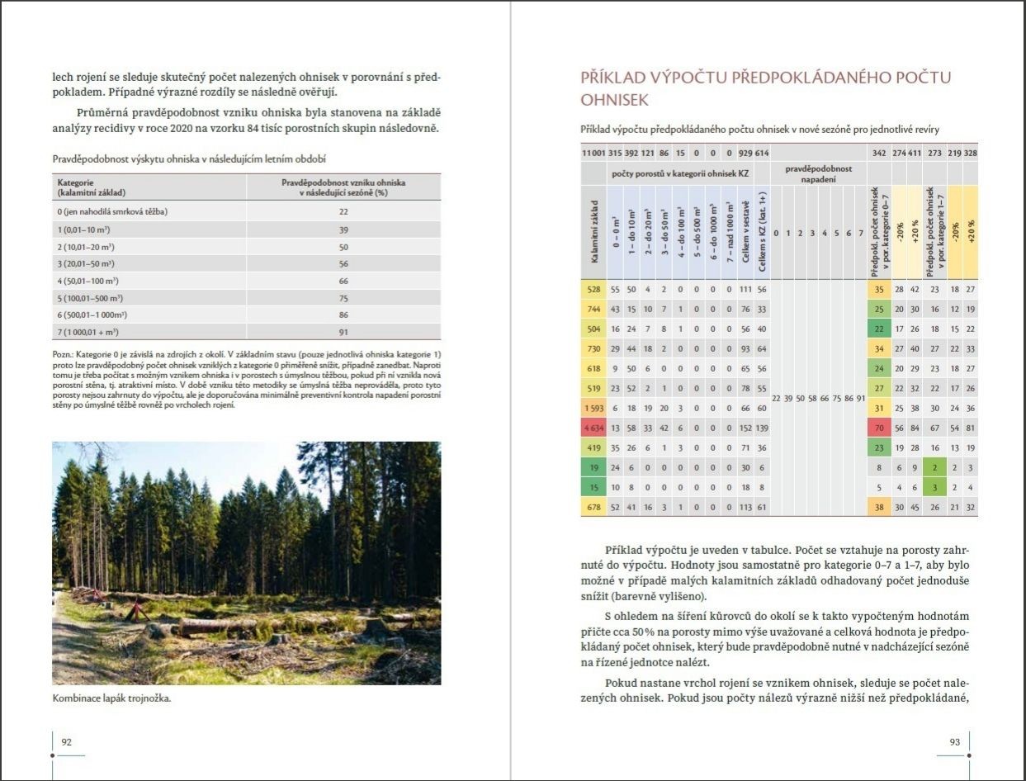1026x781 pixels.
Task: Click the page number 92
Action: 67,742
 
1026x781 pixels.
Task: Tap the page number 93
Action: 955,742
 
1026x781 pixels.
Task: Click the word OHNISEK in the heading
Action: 615,100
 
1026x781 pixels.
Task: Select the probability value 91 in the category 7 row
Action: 343,333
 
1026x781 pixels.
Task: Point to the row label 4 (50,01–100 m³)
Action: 86,282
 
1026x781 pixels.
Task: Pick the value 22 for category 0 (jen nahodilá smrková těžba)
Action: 343,212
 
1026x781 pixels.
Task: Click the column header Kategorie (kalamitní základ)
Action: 92,187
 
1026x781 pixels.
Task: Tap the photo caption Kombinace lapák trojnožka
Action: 111,698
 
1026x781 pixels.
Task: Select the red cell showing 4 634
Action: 593,429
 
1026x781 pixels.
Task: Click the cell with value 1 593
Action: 593,409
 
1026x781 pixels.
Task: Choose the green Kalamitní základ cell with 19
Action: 593,467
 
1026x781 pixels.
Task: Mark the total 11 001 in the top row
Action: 593,153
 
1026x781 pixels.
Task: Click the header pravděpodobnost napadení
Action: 818,173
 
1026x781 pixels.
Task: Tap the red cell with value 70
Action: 879,429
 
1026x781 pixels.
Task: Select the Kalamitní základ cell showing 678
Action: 593,507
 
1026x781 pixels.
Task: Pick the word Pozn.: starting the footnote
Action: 64,354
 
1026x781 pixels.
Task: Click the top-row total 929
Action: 745,153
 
